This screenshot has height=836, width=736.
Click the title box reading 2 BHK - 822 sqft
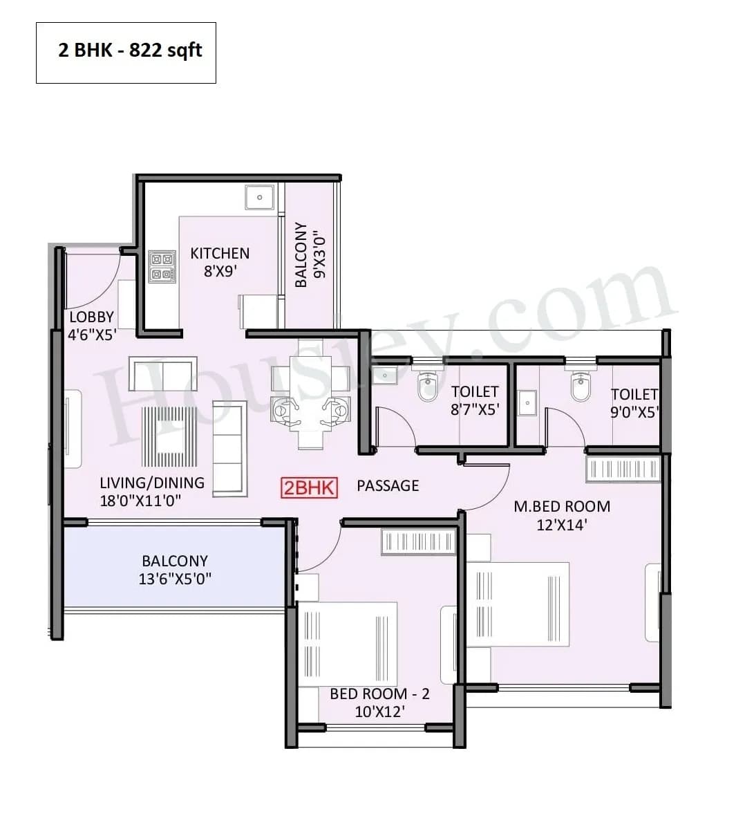[126, 53]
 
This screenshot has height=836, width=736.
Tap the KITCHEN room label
[220, 253]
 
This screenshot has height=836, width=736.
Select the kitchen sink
[260, 197]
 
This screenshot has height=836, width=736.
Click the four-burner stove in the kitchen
[162, 267]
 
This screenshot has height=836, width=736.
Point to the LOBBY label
[91, 317]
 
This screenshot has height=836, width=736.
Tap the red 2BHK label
[309, 487]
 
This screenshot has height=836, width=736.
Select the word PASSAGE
[388, 486]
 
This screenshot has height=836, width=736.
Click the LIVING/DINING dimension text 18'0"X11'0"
[141, 501]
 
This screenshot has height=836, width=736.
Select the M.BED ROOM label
[562, 507]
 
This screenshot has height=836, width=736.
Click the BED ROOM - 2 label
[379, 694]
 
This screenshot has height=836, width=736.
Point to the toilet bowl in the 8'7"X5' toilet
[428, 388]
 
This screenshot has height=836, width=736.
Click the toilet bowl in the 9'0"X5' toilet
[581, 388]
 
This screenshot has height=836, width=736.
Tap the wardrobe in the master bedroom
[622, 470]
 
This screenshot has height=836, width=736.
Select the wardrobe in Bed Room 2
[419, 541]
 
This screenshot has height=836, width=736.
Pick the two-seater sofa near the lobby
[163, 374]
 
